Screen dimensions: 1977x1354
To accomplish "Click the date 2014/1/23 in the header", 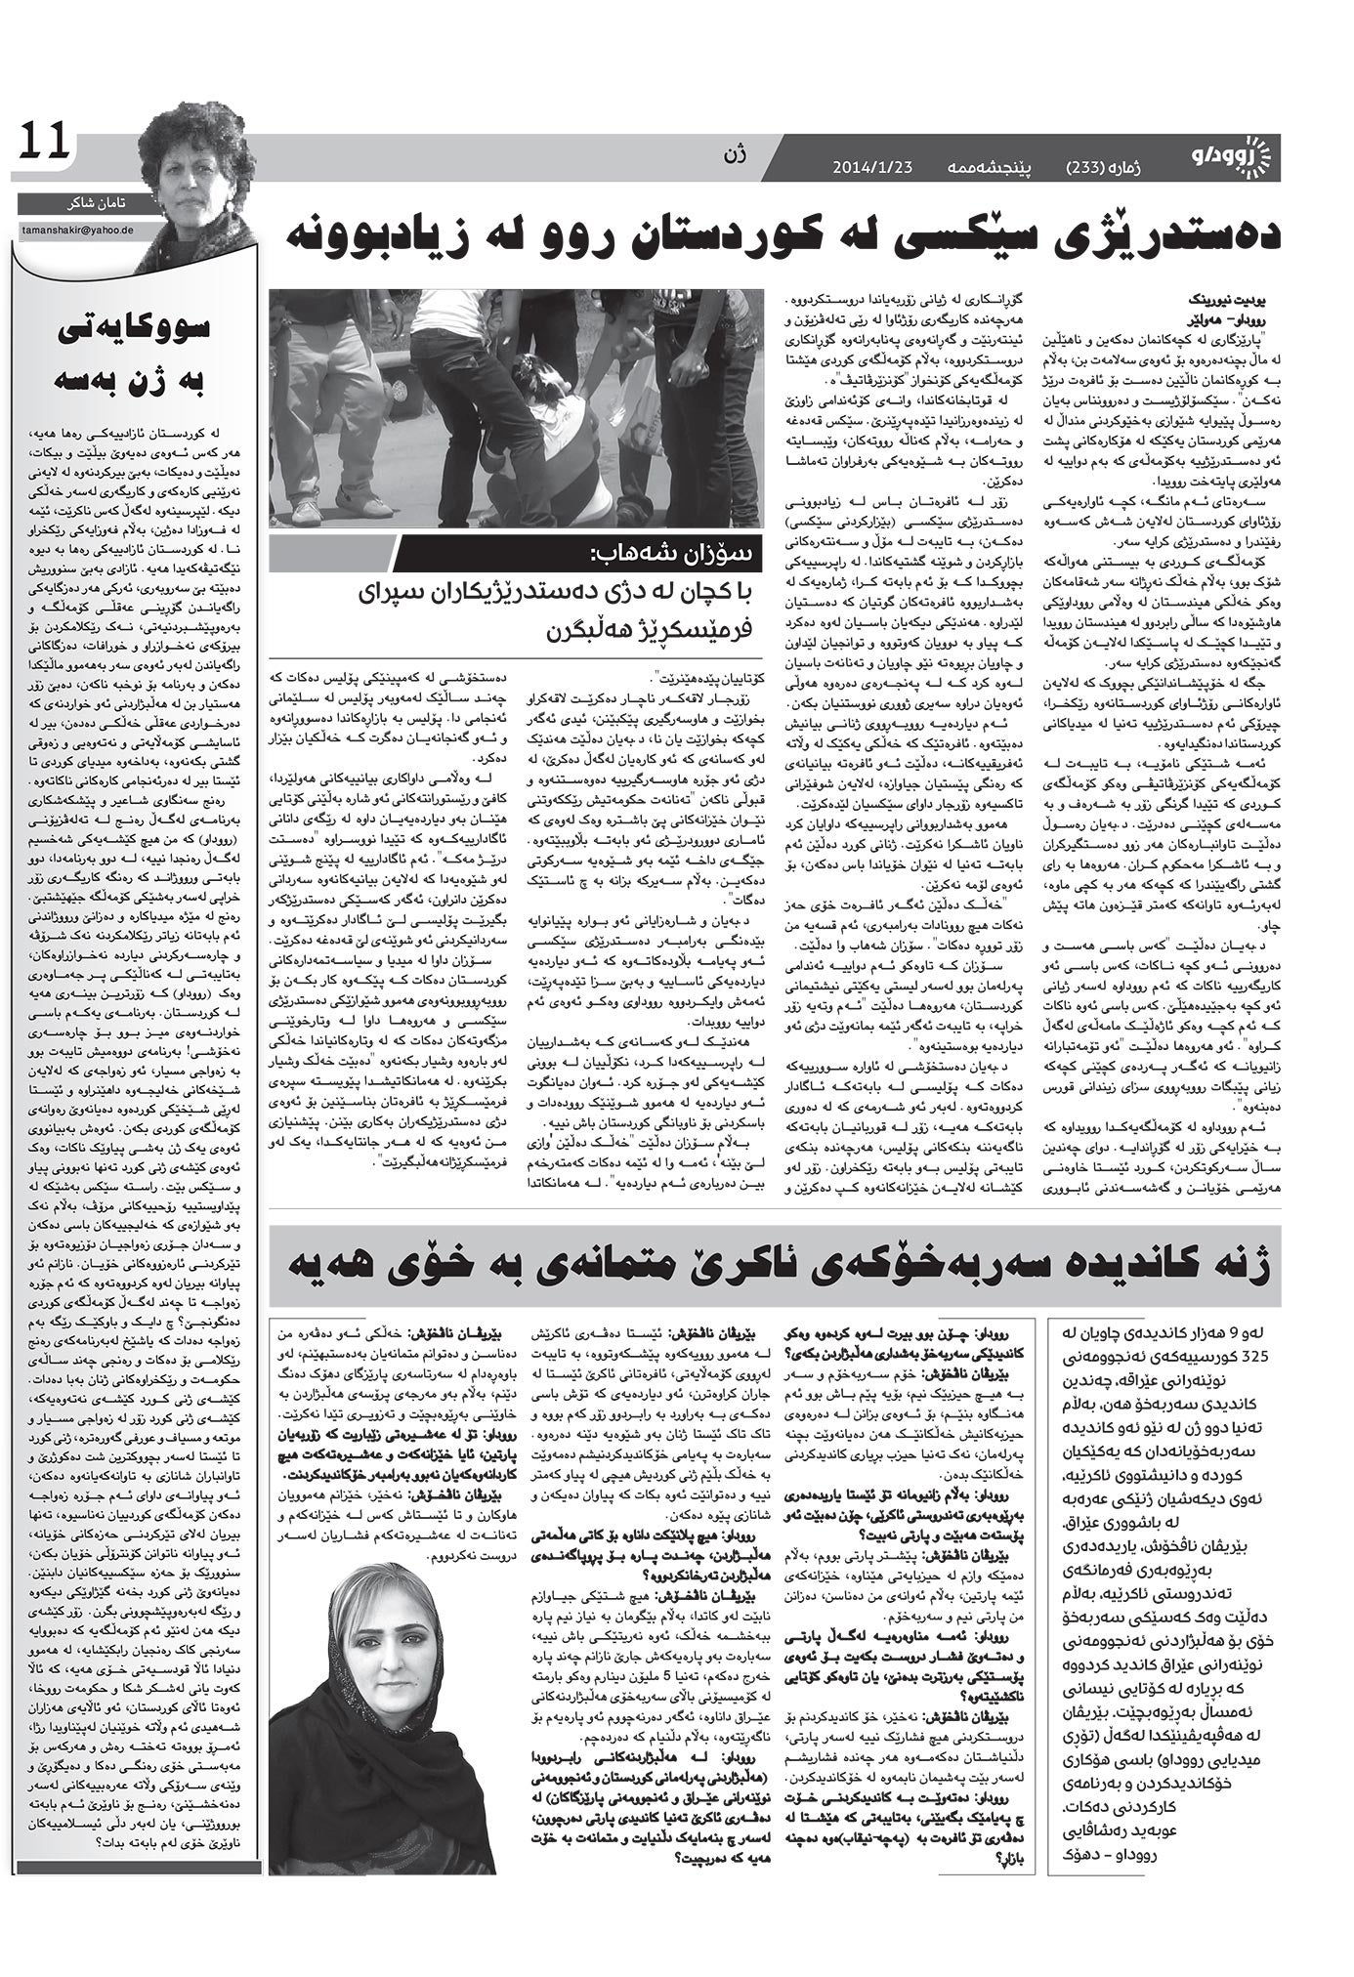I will point(871,168).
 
